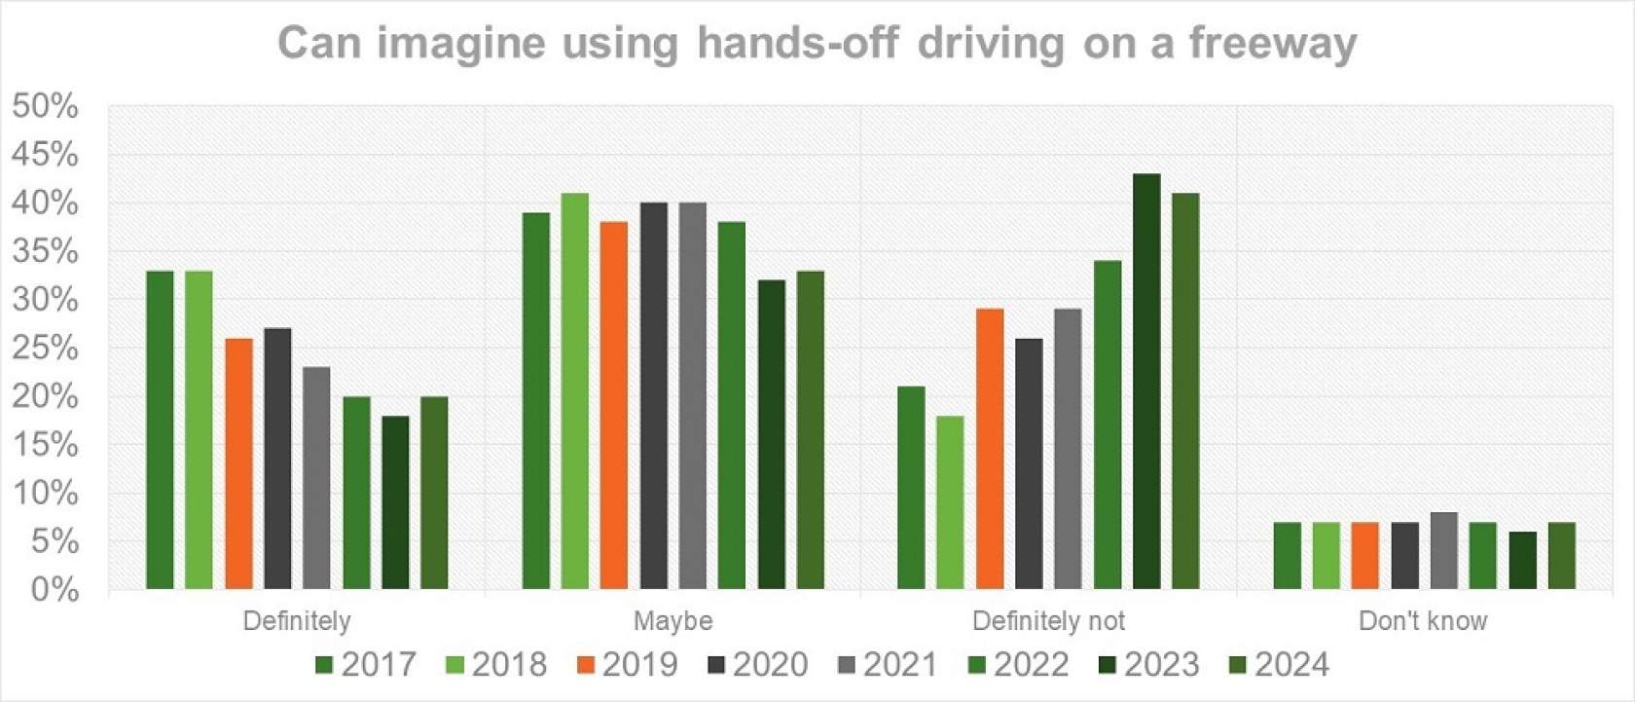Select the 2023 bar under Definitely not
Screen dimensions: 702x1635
pyautogui.click(x=1146, y=382)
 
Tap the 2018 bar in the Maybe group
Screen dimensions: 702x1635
pyautogui.click(x=575, y=391)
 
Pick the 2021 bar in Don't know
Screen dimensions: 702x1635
pyautogui.click(x=1444, y=551)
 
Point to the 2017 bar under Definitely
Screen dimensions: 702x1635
pyautogui.click(x=160, y=430)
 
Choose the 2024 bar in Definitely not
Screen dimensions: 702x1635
pyautogui.click(x=1185, y=391)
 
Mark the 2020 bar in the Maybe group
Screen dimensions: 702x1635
pyautogui.click(x=654, y=396)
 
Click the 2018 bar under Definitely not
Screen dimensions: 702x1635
pyautogui.click(x=950, y=502)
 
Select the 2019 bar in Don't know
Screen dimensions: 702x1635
pyautogui.click(x=1365, y=556)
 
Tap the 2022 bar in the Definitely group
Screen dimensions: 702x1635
pyautogui.click(x=356, y=493)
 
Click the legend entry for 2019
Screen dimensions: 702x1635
pyautogui.click(x=628, y=665)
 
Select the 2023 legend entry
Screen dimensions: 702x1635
pyautogui.click(x=1149, y=665)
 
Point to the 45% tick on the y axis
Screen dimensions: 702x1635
pyautogui.click(x=45, y=154)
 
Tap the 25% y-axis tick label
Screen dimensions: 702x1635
pyautogui.click(x=45, y=348)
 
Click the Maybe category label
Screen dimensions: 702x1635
pyautogui.click(x=672, y=621)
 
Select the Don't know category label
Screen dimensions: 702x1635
pyautogui.click(x=1423, y=621)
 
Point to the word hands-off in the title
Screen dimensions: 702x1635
pyautogui.click(x=797, y=44)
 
